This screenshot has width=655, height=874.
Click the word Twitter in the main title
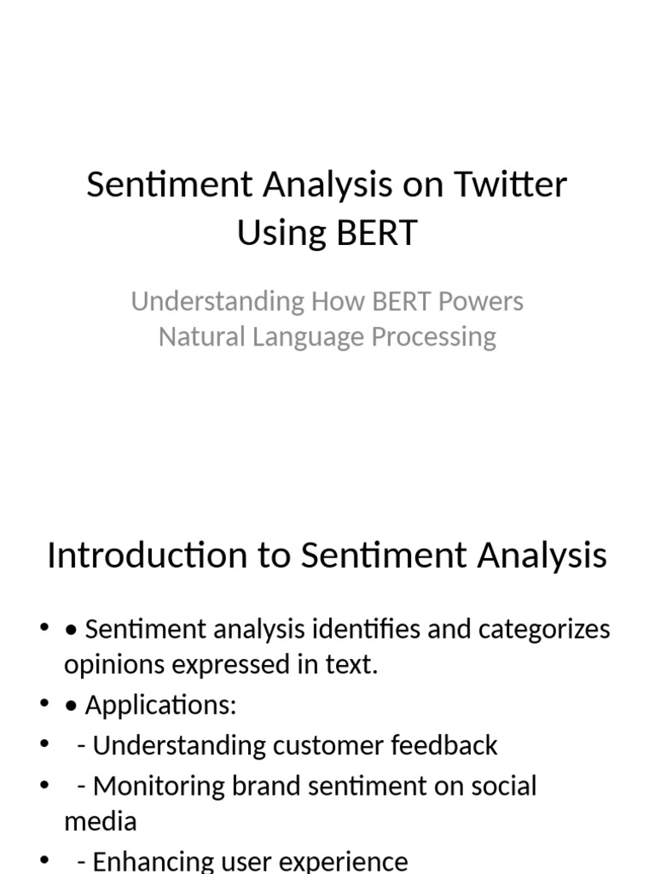point(511,184)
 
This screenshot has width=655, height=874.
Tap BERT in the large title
point(375,231)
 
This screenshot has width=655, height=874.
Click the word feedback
point(444,745)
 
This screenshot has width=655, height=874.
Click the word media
point(100,821)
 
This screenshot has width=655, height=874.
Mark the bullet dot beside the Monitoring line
point(44,784)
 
